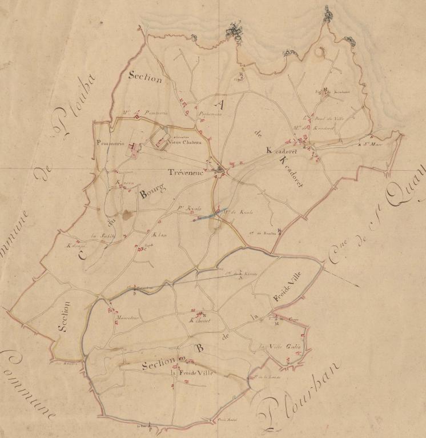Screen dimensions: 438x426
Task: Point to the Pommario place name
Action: pyautogui.click(x=111, y=143)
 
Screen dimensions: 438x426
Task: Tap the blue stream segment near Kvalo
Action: pyautogui.click(x=210, y=214)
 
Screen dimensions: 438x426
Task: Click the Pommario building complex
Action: pyautogui.click(x=132, y=146)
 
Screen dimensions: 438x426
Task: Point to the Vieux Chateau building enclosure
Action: pyautogui.click(x=161, y=139)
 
